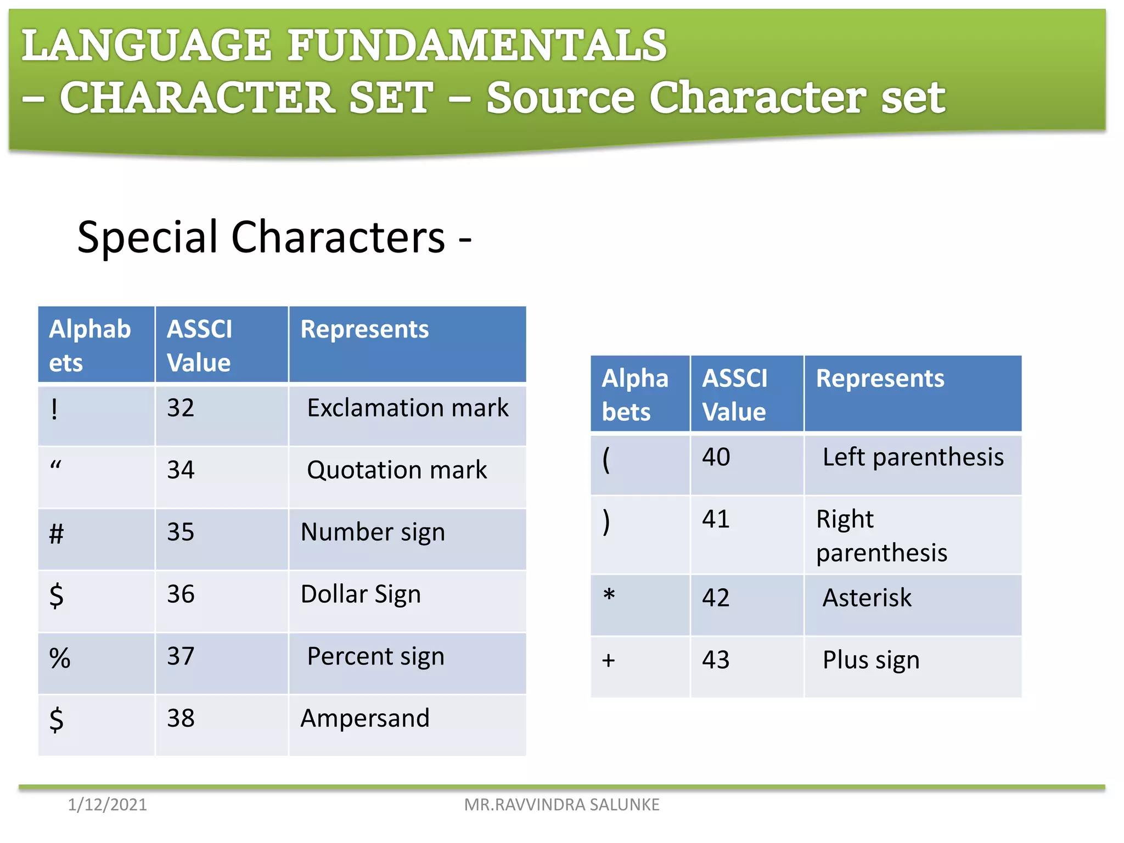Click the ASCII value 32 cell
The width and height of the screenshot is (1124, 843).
point(181,408)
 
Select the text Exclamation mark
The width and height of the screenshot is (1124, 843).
point(407,408)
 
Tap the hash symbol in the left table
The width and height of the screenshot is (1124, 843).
point(57,533)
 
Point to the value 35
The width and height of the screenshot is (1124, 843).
point(181,532)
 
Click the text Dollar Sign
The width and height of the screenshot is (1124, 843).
point(361,594)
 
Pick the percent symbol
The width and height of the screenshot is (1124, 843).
point(60,657)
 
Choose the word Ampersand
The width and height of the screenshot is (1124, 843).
point(365,718)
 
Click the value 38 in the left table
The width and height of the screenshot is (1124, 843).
point(181,718)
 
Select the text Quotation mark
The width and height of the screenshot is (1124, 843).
point(396,470)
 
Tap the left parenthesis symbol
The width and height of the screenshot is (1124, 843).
point(606,459)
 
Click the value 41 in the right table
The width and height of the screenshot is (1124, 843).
point(716,519)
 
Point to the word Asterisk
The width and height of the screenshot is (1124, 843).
point(867,598)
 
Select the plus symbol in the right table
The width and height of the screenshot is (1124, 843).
point(608,660)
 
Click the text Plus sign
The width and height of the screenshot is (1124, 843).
point(870,660)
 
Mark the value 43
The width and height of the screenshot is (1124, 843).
point(716,660)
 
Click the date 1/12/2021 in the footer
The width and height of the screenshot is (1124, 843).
point(107,805)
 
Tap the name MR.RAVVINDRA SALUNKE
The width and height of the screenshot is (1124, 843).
point(561,805)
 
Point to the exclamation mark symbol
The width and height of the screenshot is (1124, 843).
point(54,409)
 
